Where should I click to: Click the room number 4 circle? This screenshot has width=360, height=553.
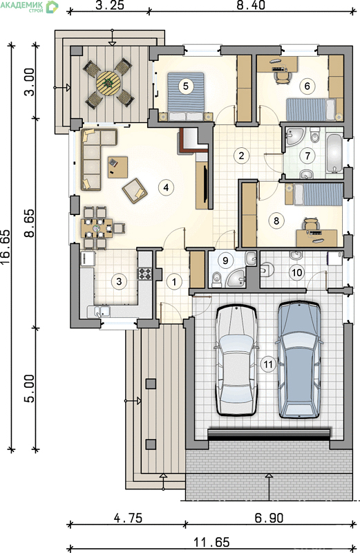166,187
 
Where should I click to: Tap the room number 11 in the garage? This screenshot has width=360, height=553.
268,364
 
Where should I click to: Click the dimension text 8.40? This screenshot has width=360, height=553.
251,5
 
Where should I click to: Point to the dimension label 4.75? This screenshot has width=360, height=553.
128,518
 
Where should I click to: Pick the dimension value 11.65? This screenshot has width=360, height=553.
211,542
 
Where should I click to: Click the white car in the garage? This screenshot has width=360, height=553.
236,359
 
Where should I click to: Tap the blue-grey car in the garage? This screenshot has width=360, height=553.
299,359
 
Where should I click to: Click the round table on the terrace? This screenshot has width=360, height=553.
108,83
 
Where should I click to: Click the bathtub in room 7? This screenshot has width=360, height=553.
334,153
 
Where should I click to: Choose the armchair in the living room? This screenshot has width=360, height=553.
135,191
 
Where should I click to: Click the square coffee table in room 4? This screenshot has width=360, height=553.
117,167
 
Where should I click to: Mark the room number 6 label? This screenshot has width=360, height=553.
307,86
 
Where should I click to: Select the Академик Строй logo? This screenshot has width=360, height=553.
29,7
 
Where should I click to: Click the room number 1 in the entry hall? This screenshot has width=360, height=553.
174,281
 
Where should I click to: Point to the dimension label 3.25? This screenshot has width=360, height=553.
110,6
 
